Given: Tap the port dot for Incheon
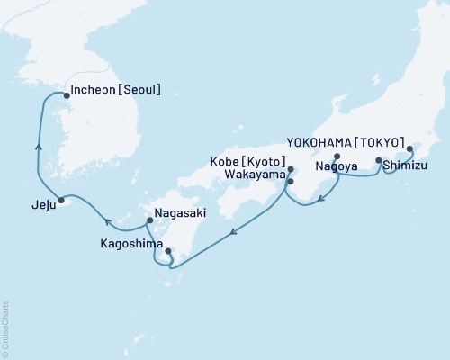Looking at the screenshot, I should pyautogui.click(x=65, y=93).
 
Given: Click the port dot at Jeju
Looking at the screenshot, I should pyautogui.click(x=61, y=200).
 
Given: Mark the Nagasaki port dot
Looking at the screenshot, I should pyautogui.click(x=148, y=219).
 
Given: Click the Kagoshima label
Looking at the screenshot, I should pyautogui.click(x=132, y=244).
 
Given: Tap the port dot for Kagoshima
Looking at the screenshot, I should pyautogui.click(x=168, y=251).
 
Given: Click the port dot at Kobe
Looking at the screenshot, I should pyautogui.click(x=291, y=168).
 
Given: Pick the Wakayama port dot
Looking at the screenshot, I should pyautogui.click(x=290, y=181).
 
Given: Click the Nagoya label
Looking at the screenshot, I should pyautogui.click(x=335, y=166).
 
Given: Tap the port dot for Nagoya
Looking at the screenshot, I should pyautogui.click(x=337, y=156).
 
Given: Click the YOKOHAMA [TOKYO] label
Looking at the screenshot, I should pyautogui.click(x=344, y=141).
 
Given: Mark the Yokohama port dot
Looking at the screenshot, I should pyautogui.click(x=409, y=149).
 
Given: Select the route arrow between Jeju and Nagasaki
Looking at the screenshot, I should pyautogui.click(x=106, y=220).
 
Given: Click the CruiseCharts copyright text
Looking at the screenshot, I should pyautogui.click(x=5, y=328).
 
